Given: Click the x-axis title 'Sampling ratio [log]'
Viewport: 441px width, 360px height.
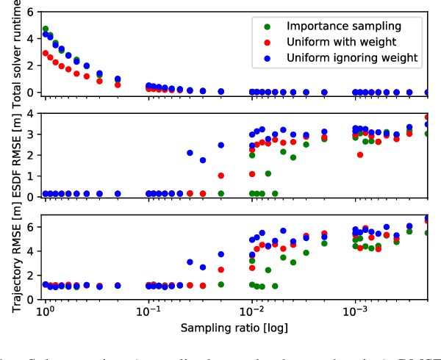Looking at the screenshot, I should [x=234, y=325].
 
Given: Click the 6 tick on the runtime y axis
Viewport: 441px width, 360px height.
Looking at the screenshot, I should [x=29, y=12].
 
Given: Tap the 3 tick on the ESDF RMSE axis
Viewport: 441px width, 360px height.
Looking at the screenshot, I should [x=29, y=134].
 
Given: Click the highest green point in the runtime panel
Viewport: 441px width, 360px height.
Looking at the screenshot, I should [x=46, y=29].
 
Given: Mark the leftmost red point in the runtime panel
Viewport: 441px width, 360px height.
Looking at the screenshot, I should [x=46, y=54].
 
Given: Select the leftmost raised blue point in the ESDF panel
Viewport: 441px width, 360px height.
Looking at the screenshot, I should [x=190, y=153].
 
